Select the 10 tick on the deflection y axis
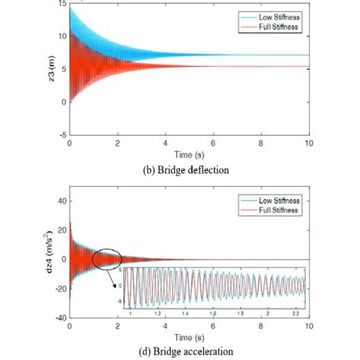tap(61, 36)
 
